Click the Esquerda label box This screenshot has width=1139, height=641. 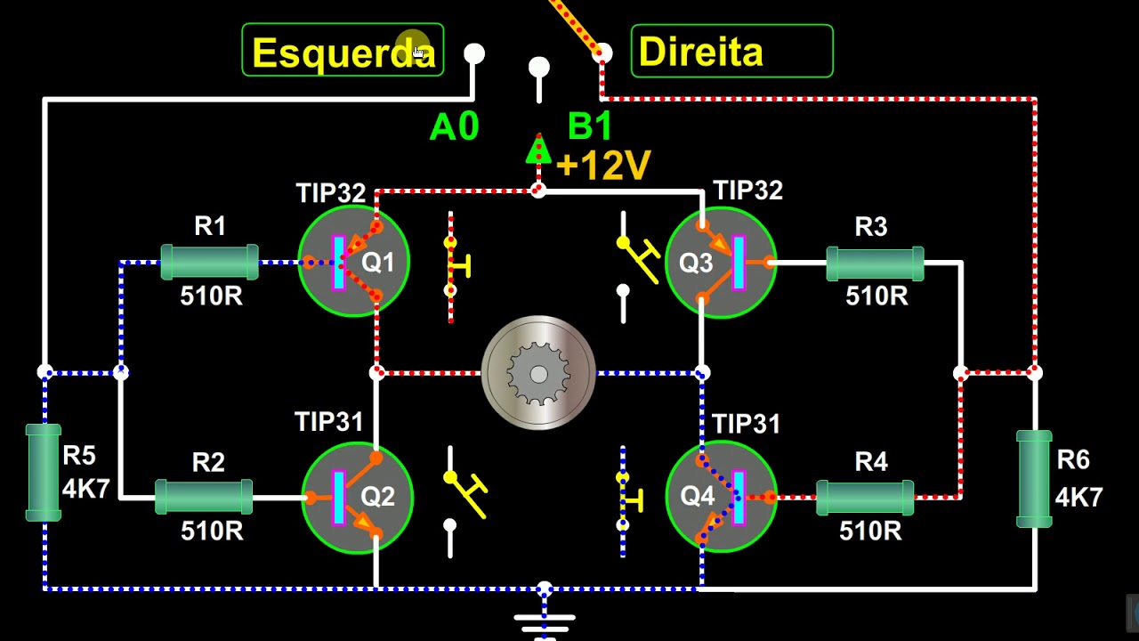pyautogui.click(x=343, y=50)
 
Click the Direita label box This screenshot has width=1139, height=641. pyautogui.click(x=731, y=51)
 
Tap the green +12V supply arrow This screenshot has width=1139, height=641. pyautogui.click(x=538, y=149)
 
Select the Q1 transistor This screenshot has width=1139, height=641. pyautogui.click(x=353, y=261)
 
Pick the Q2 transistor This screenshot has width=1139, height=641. pyautogui.click(x=357, y=497)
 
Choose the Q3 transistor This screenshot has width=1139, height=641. pyautogui.click(x=721, y=263)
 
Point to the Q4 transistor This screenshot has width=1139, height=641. pyautogui.click(x=721, y=497)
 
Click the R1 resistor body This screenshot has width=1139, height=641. pyautogui.click(x=209, y=262)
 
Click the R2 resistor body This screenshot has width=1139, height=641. pyautogui.click(x=204, y=497)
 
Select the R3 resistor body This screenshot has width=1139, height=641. pyautogui.click(x=875, y=264)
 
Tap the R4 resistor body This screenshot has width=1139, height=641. pyautogui.click(x=865, y=498)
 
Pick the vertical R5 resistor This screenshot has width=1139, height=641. pyautogui.click(x=44, y=473)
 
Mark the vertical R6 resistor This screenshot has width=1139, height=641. pyautogui.click(x=1034, y=479)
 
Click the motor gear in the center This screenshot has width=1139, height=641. pyautogui.click(x=538, y=373)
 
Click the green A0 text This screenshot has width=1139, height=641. pyautogui.click(x=454, y=126)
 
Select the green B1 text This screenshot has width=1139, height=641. pyautogui.click(x=590, y=126)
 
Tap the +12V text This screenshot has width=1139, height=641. pyautogui.click(x=603, y=165)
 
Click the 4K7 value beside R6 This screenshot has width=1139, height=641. pyautogui.click(x=1078, y=497)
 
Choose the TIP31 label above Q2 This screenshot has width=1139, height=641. pyautogui.click(x=329, y=422)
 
